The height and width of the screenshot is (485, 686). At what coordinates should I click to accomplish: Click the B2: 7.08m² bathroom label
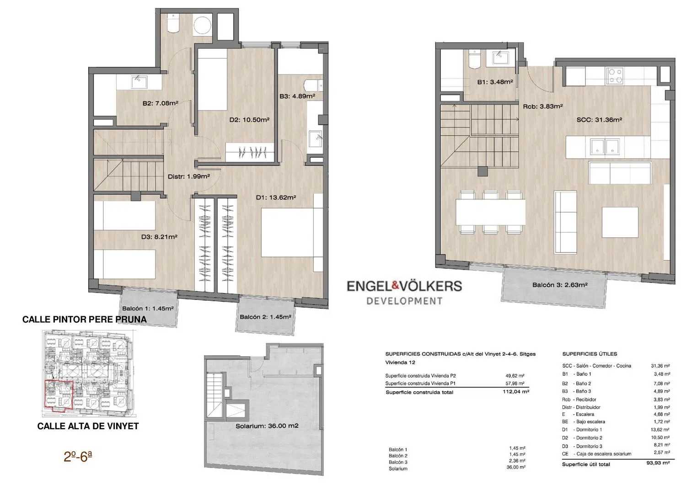(161, 103)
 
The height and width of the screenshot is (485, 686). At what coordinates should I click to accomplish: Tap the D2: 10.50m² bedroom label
(249, 120)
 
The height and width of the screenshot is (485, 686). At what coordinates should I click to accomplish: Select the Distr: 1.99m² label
(188, 176)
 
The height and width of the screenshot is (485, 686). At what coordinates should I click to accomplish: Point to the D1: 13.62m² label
(276, 197)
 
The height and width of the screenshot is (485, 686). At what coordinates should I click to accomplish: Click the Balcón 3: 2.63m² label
(560, 285)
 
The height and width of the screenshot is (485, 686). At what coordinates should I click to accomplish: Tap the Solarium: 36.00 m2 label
(267, 426)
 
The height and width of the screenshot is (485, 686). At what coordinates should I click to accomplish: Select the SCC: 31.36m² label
(599, 120)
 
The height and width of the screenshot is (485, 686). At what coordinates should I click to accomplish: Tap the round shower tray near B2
(202, 26)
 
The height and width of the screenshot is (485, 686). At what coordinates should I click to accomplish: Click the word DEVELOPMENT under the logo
(404, 301)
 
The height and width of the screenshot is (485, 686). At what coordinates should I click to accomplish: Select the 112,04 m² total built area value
(516, 391)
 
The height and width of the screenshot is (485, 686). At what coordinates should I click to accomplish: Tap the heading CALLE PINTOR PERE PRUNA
(85, 320)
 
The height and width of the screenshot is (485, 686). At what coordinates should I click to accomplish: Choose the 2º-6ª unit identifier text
(78, 457)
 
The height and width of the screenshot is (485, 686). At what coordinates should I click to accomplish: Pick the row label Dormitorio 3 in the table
(589, 446)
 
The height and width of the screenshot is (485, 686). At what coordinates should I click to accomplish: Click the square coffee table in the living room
(620, 222)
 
